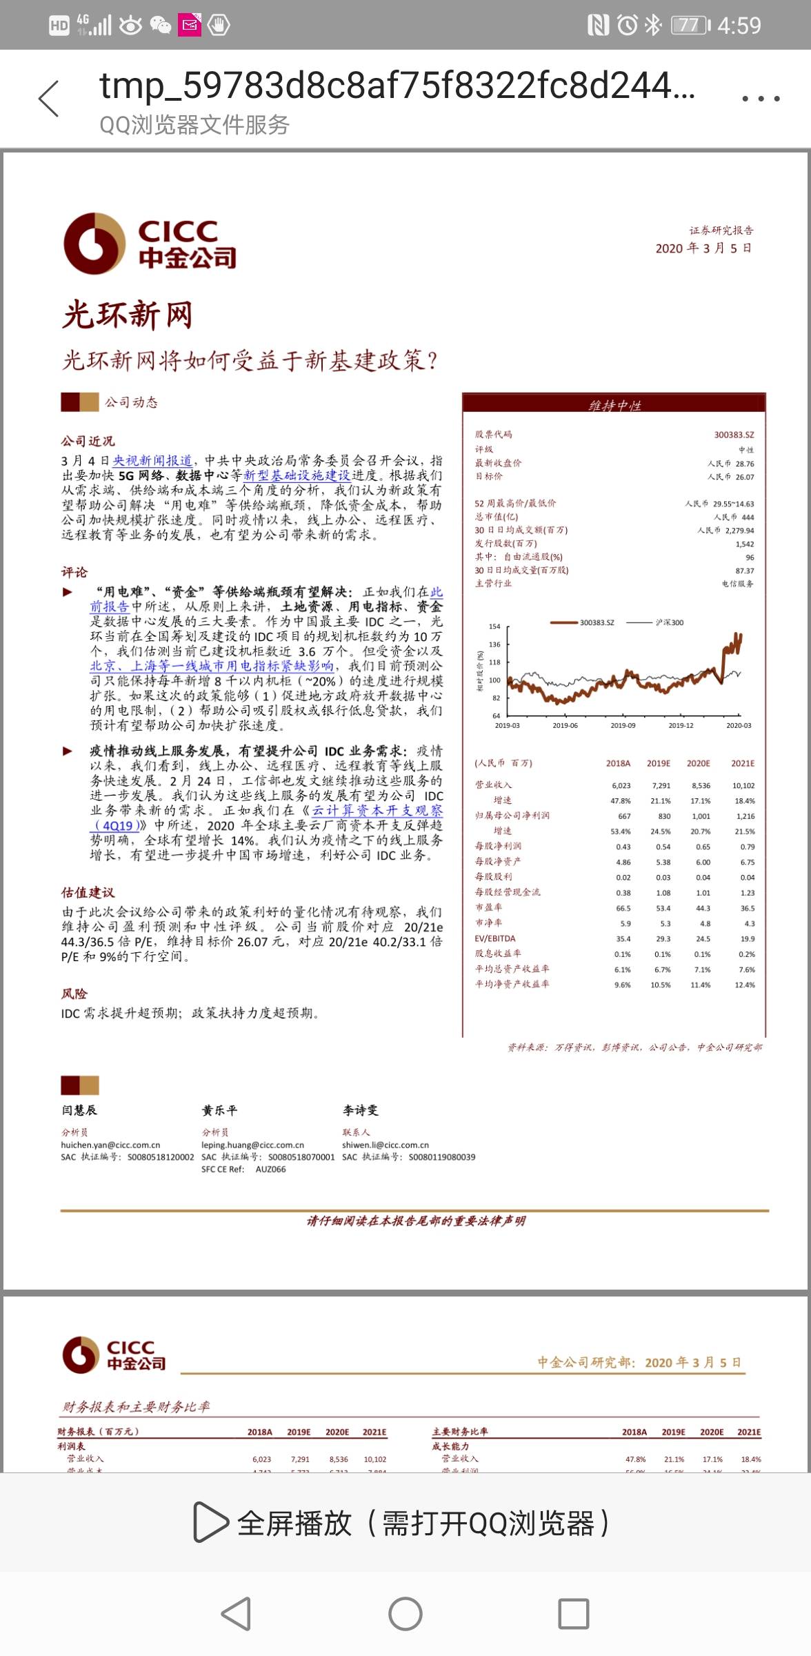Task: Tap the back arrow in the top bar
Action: pyautogui.click(x=49, y=99)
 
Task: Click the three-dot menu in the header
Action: pyautogui.click(x=761, y=99)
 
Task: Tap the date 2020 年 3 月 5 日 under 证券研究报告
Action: pyautogui.click(x=703, y=248)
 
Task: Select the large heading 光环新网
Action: pyautogui.click(x=128, y=315)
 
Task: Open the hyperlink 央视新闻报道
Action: pyautogui.click(x=152, y=461)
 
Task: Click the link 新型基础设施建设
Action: pyautogui.click(x=297, y=475)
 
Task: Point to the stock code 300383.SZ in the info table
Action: pyautogui.click(x=734, y=435)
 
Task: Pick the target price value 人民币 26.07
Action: pyautogui.click(x=730, y=477)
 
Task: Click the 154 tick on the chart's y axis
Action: pyautogui.click(x=494, y=627)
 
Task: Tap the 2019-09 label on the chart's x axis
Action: pyautogui.click(x=623, y=725)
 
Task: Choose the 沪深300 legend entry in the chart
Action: pyautogui.click(x=669, y=622)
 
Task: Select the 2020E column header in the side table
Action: pyautogui.click(x=698, y=763)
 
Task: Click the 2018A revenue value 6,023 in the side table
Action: pyautogui.click(x=621, y=785)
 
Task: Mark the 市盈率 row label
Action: pyautogui.click(x=488, y=907)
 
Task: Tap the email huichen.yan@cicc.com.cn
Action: pyautogui.click(x=110, y=1145)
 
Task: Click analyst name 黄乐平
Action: pyautogui.click(x=219, y=1110)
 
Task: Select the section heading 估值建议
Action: pyautogui.click(x=88, y=893)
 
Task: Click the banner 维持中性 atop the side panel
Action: pyautogui.click(x=614, y=405)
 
